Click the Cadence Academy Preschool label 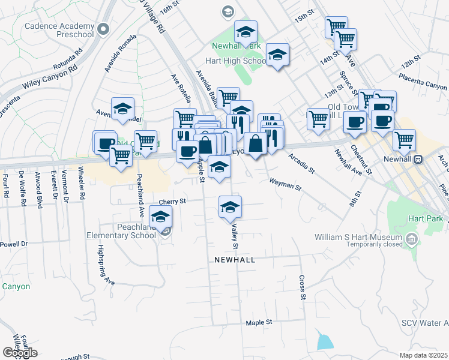60,30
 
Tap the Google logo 20,353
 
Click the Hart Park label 425,220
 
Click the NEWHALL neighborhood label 235,260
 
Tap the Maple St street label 259,323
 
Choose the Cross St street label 302,288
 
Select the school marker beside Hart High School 277,55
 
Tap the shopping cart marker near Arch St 404,140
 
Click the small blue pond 324,341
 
